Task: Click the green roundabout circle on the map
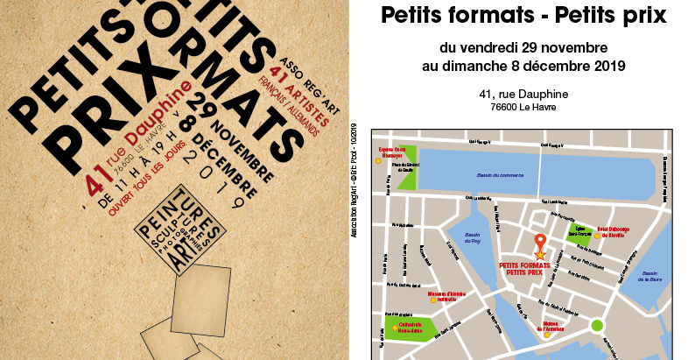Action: (598, 326)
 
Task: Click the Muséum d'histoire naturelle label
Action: (444, 296)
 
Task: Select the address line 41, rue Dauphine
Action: (523, 95)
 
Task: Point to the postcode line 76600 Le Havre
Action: (523, 108)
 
